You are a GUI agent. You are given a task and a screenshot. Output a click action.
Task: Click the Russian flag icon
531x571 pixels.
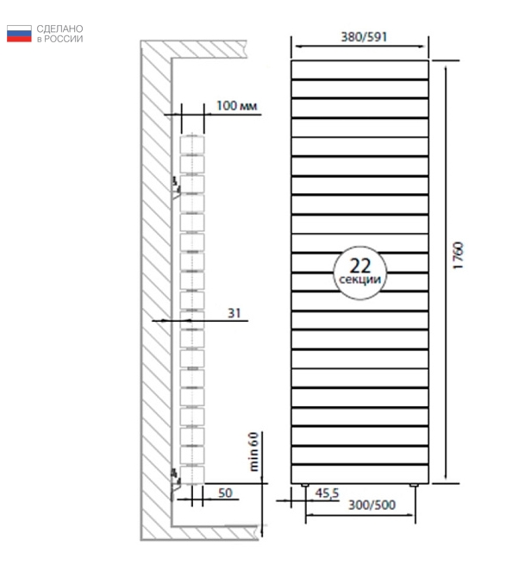pos(19,34)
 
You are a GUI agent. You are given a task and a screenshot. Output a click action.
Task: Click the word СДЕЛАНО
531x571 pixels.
pos(59,28)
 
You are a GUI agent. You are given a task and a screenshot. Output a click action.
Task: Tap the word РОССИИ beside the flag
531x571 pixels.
pos(63,39)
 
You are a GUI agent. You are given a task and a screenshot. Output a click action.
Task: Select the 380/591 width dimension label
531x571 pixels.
pos(364,37)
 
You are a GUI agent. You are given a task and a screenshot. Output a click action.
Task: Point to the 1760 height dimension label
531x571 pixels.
pos(459,255)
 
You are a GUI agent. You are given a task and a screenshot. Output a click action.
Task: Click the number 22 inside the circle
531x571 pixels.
pos(360,266)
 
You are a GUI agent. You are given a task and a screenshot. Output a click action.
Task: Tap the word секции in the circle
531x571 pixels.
pos(360,279)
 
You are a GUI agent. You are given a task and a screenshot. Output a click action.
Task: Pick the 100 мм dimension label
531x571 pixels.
pos(237,105)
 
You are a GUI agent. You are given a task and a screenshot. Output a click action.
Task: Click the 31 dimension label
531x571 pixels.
pos(234,313)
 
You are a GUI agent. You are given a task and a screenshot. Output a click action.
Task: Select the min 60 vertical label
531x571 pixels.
pos(253,452)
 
